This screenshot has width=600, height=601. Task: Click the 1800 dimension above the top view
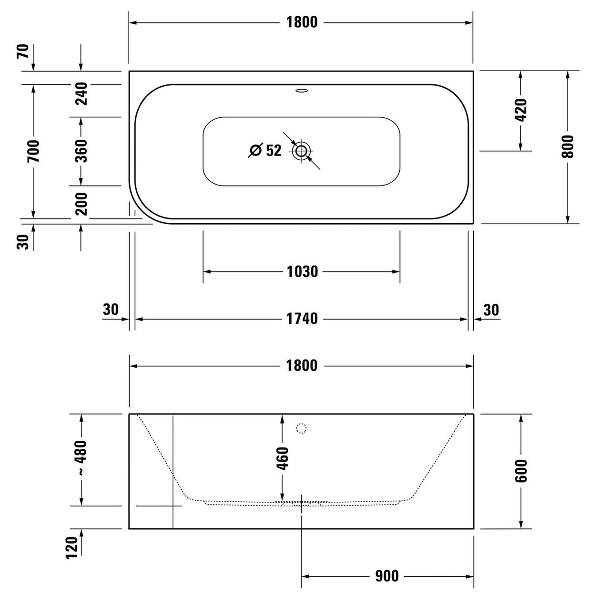tap(301, 22)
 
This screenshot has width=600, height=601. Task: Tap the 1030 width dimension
tap(302, 272)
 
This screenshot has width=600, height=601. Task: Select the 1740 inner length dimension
tap(302, 319)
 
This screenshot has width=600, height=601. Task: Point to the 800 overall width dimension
tap(568, 146)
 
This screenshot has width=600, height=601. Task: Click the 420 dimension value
tap(520, 110)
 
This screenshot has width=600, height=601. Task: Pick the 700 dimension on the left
tap(33, 151)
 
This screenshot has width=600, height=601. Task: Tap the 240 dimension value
tap(81, 93)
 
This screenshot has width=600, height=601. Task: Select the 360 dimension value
tap(81, 151)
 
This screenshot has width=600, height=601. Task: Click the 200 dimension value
tap(81, 204)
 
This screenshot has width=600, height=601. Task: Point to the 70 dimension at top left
tap(23, 52)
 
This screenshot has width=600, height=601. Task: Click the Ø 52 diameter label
tap(265, 150)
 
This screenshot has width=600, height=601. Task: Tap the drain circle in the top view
tap(301, 151)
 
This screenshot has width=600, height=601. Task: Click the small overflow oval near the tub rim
tap(301, 91)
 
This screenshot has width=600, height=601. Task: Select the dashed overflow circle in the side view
tap(301, 428)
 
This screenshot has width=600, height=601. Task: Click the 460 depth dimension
tap(283, 458)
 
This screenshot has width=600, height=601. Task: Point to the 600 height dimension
tap(520, 471)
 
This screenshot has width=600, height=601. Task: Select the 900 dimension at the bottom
tap(387, 567)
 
